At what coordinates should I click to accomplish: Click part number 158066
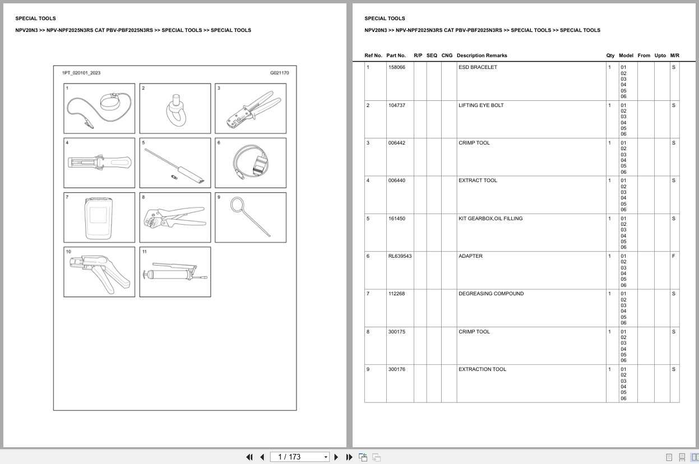click(397, 67)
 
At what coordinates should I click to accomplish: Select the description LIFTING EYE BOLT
click(481, 105)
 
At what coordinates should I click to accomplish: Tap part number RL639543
click(400, 256)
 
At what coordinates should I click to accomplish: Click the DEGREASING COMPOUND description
click(490, 294)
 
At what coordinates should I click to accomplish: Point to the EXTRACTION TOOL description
click(482, 369)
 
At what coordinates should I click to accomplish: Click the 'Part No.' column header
click(396, 55)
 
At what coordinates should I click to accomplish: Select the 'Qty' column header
click(610, 55)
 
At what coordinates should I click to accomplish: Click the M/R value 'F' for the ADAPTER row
click(673, 256)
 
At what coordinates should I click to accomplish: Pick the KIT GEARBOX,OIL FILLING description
click(490, 219)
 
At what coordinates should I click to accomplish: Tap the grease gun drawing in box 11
click(175, 273)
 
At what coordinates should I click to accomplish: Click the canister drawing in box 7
click(99, 218)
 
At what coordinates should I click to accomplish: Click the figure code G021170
click(279, 73)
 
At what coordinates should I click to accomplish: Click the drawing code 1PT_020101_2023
click(81, 73)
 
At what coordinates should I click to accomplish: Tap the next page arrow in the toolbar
click(336, 457)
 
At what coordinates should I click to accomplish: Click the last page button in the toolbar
click(349, 457)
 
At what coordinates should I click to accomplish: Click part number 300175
click(397, 332)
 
